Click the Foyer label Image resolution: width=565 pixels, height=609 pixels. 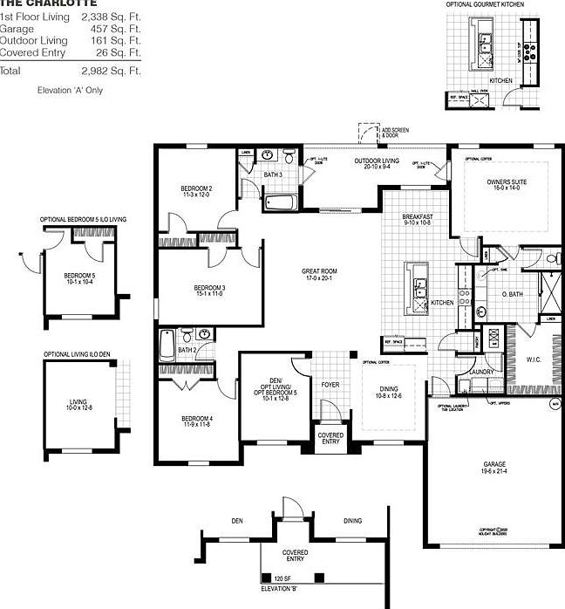tap(330, 383)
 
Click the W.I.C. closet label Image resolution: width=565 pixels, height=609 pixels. tap(534, 358)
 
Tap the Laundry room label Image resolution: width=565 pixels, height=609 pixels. tap(481, 373)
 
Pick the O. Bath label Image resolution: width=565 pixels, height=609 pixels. tap(511, 295)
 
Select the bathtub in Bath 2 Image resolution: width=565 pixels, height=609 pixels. tap(167, 348)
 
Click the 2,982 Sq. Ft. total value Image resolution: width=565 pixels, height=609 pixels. tap(111, 71)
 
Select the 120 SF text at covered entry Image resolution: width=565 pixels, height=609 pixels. tap(282, 578)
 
